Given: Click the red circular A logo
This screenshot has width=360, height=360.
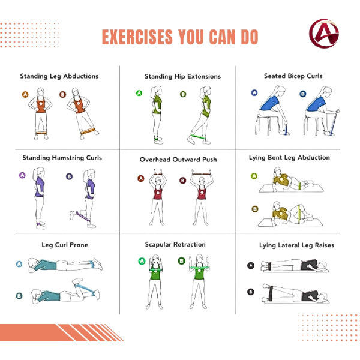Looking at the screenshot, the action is coord(324,34).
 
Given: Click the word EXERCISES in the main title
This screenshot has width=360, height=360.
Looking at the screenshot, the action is coord(137,37).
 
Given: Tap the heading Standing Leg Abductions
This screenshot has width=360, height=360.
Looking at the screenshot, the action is coord(59,76).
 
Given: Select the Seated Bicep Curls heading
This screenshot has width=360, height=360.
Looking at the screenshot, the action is coord(293,76).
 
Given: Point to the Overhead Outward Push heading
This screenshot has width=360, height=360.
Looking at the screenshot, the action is coord(178,160).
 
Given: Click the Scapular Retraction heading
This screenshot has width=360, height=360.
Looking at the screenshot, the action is coord(175,245).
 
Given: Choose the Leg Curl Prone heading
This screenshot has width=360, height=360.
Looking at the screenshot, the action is coord(65,245).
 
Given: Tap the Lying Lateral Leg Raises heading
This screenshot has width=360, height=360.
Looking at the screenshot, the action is coord(296,245).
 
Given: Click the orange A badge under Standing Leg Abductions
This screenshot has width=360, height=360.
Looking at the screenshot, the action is coord(25,94).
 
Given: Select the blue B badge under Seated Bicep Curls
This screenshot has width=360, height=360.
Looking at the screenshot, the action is coord(303,94).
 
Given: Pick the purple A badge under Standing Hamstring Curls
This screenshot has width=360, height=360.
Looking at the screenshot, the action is coord(22,175).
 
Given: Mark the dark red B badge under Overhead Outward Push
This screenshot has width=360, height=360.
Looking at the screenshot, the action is coord(183,181).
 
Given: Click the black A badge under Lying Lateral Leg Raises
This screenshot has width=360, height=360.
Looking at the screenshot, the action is coord(251,266).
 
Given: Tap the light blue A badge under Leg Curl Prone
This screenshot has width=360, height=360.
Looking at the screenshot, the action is coord(19,264).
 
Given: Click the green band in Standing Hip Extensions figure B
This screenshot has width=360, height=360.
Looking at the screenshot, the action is coord(197,137).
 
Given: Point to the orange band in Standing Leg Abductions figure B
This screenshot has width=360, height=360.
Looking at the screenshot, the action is coord(88,131).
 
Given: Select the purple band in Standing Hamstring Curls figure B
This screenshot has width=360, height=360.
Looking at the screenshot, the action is coord(82,216).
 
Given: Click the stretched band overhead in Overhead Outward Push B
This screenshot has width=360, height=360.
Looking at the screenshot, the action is coord(202,174).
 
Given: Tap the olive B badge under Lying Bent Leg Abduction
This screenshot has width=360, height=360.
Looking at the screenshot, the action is coord(255,209).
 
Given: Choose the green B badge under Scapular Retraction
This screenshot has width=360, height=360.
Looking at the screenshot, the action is coord(182,261).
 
